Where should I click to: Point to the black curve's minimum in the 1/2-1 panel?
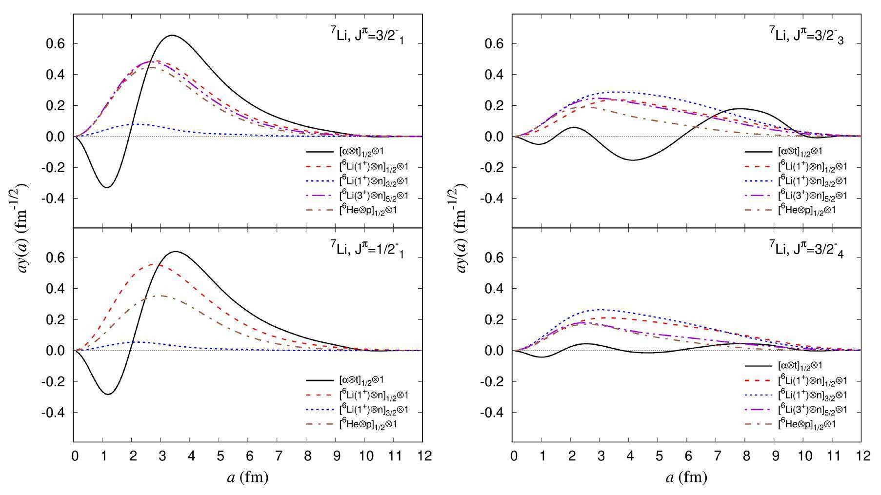(x=108, y=394)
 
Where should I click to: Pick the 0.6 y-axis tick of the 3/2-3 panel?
(x=494, y=44)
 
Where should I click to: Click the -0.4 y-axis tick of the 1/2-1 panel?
(x=54, y=413)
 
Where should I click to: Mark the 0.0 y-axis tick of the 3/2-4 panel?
(x=494, y=351)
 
